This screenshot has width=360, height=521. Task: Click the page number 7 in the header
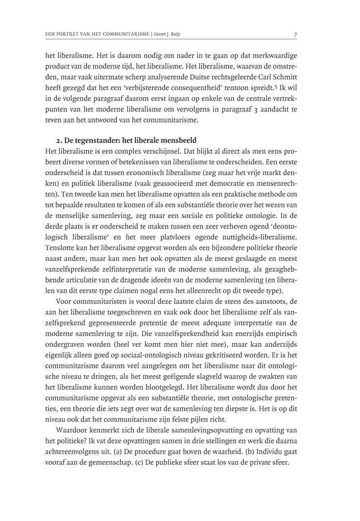tap(296, 35)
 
